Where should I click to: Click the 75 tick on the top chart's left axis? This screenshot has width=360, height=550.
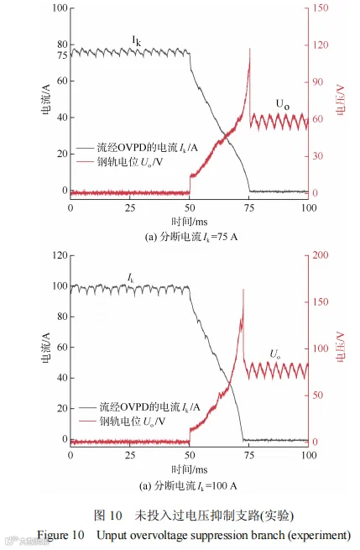[x=62, y=55]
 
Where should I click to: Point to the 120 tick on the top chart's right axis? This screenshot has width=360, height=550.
[x=321, y=45]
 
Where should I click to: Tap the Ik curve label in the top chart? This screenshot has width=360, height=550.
[x=136, y=41]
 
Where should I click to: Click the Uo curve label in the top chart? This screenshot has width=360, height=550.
[x=283, y=104]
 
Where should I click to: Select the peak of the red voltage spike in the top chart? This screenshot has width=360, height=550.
[x=250, y=49]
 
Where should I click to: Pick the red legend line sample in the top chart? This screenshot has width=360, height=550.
[x=86, y=162]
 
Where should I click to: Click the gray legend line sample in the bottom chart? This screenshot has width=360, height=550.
[x=87, y=407]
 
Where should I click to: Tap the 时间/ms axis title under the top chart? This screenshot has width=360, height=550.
[x=190, y=222]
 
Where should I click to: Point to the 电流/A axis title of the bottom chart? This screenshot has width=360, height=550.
[x=46, y=348]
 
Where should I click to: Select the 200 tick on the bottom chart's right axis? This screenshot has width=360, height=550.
[x=321, y=255]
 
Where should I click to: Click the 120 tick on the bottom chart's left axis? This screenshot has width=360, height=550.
[x=60, y=255]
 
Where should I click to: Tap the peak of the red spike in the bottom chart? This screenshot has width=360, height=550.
[x=243, y=290]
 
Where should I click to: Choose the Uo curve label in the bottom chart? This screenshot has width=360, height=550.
[x=274, y=354]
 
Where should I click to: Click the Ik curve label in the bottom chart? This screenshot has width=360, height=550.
[x=130, y=279]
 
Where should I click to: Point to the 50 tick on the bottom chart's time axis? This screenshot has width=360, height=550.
[x=190, y=455]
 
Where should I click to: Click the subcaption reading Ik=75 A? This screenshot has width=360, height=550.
[x=191, y=237]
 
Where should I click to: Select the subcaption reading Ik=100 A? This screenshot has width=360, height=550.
[x=189, y=486]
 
